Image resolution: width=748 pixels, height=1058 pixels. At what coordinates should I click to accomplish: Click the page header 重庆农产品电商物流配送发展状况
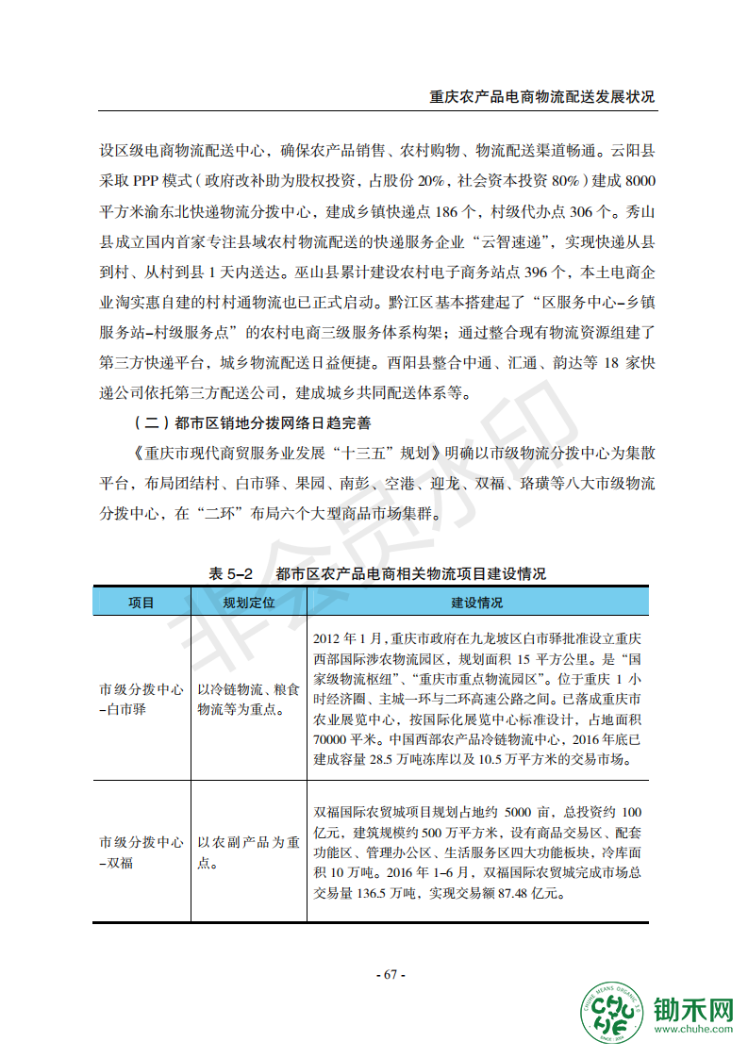pos(541,96)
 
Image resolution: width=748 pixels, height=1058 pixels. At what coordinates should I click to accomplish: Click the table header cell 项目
pos(141,603)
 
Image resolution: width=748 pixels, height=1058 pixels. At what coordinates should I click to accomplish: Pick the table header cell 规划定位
pos(248,603)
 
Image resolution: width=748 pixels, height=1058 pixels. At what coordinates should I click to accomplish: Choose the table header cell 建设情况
pos(476,603)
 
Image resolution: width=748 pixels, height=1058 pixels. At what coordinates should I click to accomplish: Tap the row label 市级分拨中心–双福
pos(141,852)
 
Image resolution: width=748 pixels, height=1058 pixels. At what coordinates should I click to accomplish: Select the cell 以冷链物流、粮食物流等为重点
pos(248,699)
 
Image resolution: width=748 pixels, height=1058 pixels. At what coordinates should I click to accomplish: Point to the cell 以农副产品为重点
pos(248,852)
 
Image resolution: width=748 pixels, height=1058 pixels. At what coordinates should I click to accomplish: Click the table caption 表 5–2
pos(232,573)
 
